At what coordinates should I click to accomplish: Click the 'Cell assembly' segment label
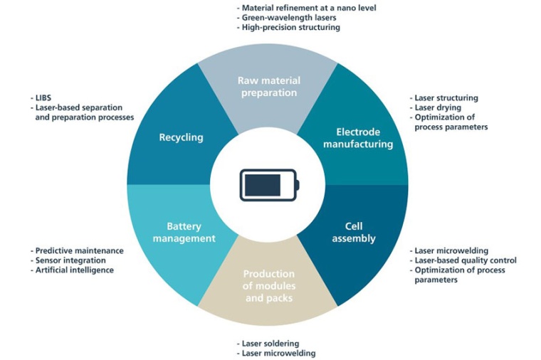pos(354,233)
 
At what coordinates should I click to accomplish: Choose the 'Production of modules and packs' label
pos(268,285)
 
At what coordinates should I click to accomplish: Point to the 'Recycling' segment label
pos(181,137)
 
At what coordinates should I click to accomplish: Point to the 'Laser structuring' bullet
pos(446,97)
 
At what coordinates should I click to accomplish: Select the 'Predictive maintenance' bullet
pos(79,250)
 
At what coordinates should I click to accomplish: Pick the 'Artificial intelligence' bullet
pos(74,270)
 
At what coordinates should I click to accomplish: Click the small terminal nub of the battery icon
pos(298,184)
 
